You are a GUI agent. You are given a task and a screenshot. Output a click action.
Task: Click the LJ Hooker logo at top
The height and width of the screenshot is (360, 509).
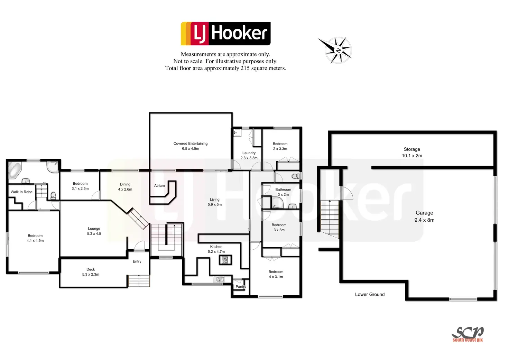pos(225,34)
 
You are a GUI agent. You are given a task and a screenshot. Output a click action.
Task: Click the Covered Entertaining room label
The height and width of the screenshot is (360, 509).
pos(191,146)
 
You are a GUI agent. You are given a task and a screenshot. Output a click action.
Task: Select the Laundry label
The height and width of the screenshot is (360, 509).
pos(249,153)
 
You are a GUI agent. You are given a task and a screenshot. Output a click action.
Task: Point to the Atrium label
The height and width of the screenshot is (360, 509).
pos(159,186)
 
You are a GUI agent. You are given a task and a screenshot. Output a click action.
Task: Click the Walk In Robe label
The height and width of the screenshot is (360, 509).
pos(21,192)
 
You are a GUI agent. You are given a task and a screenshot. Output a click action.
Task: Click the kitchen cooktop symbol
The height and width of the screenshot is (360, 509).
pos(225,260)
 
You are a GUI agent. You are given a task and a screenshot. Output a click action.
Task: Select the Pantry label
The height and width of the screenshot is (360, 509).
pos(241,287)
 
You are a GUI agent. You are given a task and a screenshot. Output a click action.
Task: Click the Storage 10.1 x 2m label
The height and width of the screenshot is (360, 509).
pos(412,153)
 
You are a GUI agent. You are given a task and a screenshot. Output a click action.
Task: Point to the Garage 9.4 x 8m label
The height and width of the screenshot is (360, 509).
pos(424,216)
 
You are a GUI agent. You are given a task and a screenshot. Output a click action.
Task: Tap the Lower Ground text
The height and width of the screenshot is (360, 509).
pos(370,295)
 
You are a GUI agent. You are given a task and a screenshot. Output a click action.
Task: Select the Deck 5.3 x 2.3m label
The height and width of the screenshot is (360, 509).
pos(91,272)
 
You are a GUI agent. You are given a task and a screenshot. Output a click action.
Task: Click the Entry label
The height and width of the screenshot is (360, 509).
pos(137,261)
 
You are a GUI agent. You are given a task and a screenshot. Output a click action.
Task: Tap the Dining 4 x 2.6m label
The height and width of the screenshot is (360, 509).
pos(125,187)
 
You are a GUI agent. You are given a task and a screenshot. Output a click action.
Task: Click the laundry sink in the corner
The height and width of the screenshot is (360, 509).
pos(237,132)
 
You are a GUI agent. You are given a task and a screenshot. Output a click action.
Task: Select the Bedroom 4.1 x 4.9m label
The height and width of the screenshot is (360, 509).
pos(35,238)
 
